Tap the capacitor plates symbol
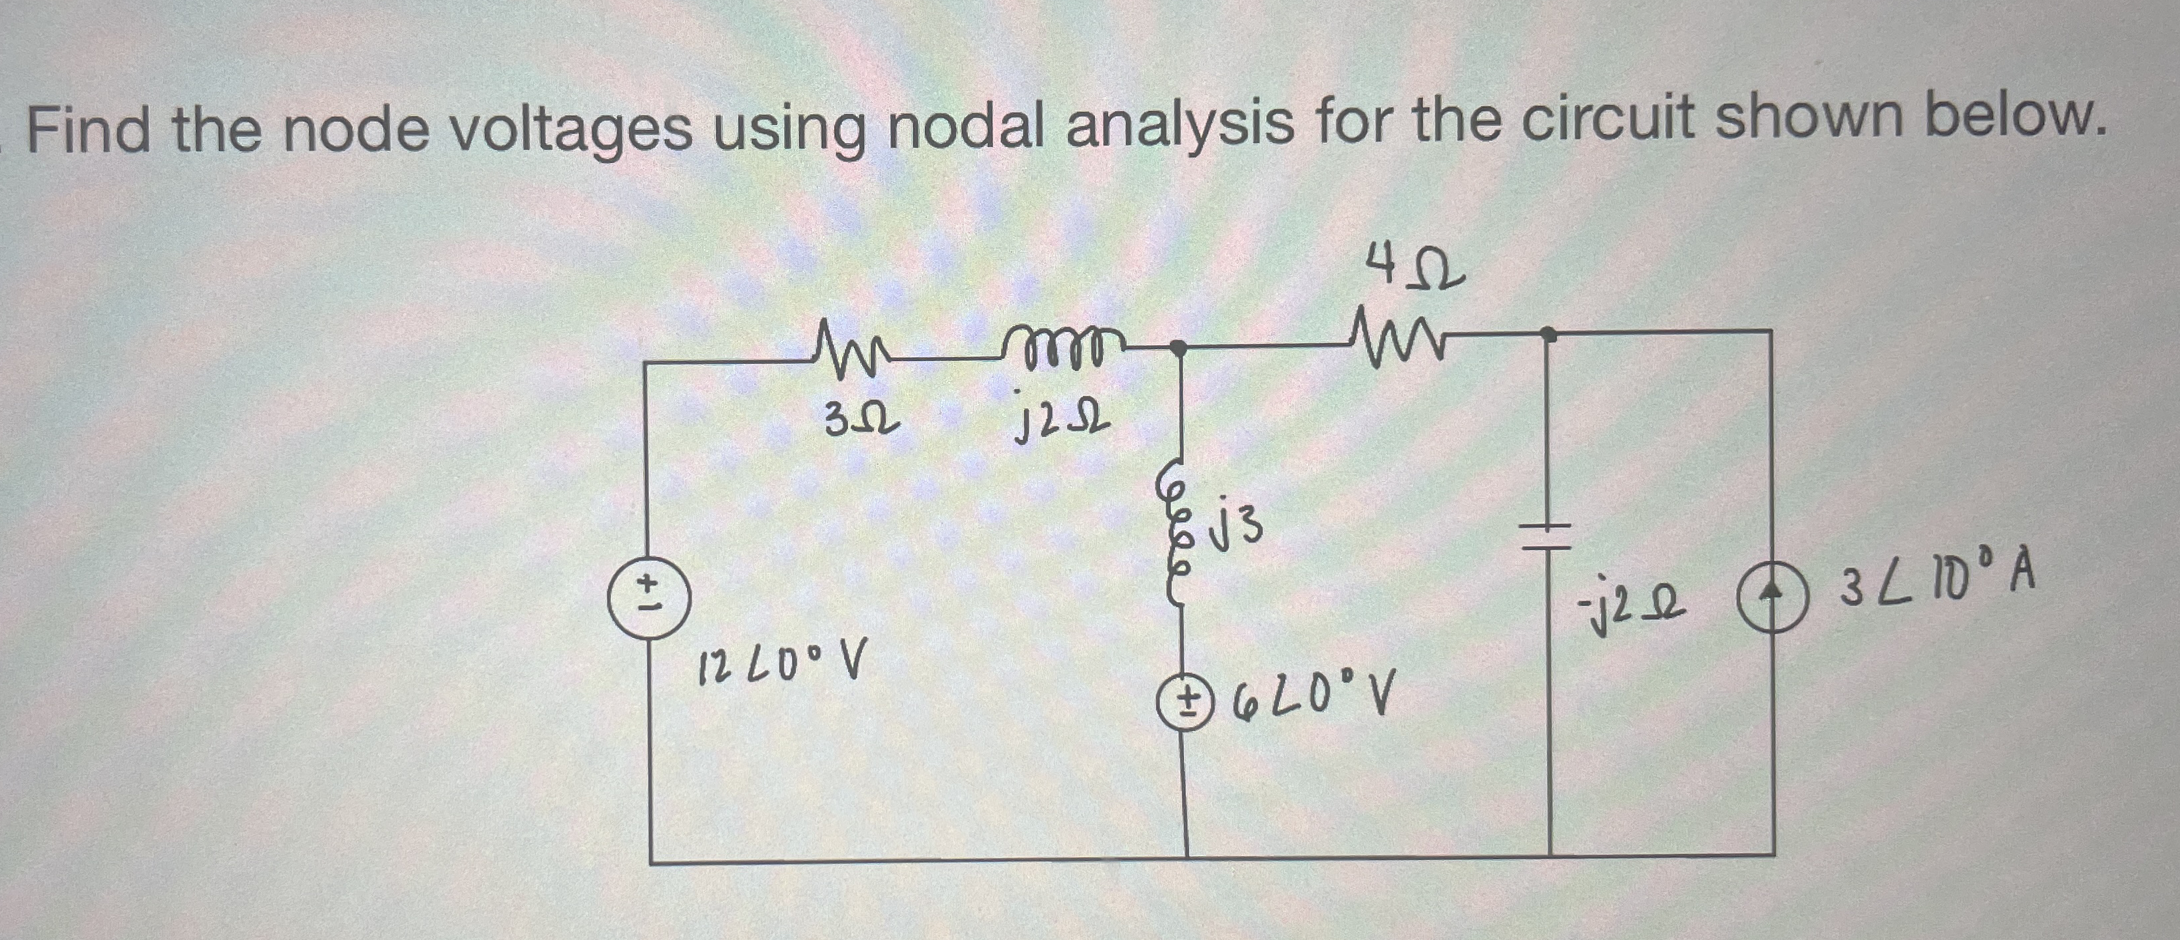tap(1548, 538)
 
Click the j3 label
tap(1236, 526)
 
